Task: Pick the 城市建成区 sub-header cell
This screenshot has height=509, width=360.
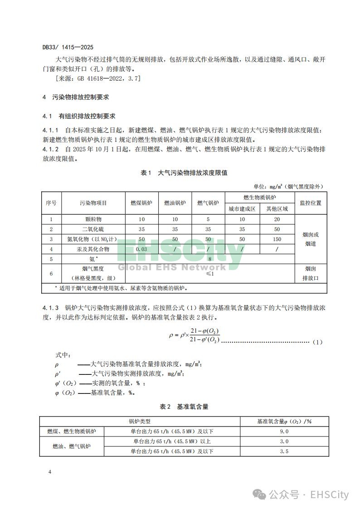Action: point(242,209)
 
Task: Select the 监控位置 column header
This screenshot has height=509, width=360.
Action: point(311,203)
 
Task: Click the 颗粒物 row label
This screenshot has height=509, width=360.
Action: point(93,219)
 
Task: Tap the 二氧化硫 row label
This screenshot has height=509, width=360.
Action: point(93,229)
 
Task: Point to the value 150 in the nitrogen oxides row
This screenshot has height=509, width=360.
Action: point(277,239)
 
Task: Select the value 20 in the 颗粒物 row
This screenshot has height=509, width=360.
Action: point(277,219)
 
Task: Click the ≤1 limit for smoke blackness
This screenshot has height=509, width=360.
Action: point(210,274)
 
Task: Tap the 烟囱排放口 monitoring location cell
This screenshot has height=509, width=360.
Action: point(311,274)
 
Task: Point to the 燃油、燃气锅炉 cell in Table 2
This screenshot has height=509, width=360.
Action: point(72,446)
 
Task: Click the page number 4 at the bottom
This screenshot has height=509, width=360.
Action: point(50,472)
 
